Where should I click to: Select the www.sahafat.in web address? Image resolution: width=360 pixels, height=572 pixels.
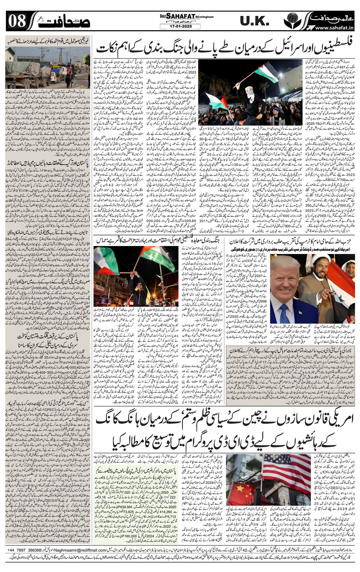click(x=333, y=28)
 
